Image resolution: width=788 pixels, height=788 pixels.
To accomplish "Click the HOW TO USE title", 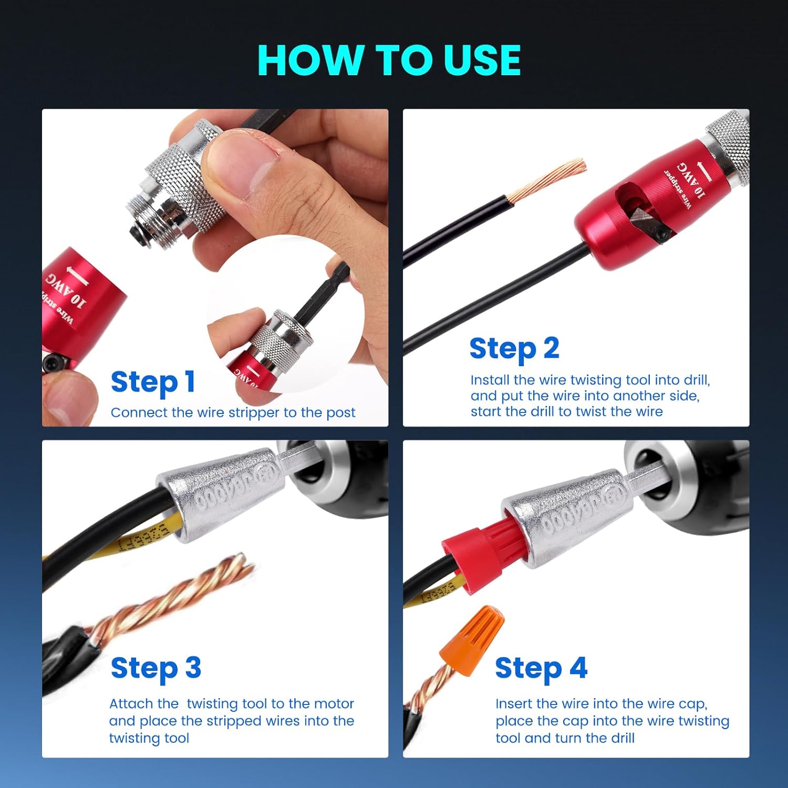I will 389,60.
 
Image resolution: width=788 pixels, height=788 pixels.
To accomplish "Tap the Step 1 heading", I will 153,382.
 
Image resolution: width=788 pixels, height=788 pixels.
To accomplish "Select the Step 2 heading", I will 514,349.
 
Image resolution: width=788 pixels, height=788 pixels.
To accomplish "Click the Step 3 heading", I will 156,668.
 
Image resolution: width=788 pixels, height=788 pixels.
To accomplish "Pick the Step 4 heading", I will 541,668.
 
